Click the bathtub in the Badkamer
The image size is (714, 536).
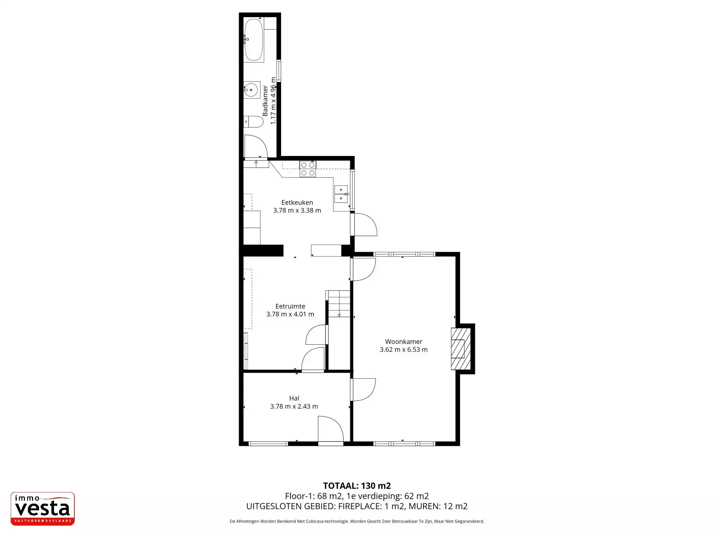[254, 39]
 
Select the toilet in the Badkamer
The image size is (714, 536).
[254, 121]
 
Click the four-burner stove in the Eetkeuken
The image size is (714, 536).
[308, 169]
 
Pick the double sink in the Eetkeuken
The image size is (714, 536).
[341, 194]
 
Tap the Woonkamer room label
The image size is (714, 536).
[403, 342]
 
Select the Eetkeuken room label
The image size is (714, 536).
[297, 202]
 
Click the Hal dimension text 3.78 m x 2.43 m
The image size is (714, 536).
[294, 406]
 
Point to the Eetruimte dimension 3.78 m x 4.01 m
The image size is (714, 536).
[290, 314]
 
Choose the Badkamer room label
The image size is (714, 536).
[265, 100]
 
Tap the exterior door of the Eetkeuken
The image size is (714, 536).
[364, 224]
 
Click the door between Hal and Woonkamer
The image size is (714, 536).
[363, 390]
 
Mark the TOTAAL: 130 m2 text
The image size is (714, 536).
[357, 486]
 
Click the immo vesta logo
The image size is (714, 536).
[43, 508]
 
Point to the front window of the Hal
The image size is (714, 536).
[268, 443]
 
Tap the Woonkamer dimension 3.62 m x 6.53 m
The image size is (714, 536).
[403, 350]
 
